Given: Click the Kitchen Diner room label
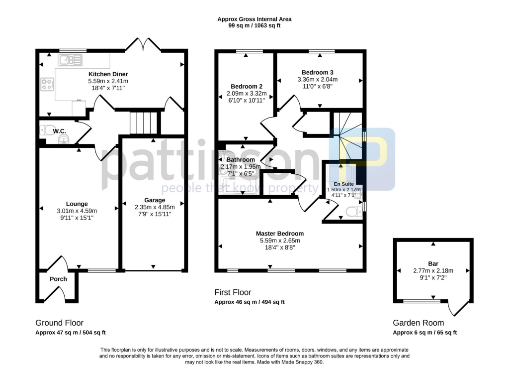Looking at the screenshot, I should (108, 74).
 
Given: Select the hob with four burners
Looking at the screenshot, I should (48, 85).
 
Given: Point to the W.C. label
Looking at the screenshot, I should (60, 131).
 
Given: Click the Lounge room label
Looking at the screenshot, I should (77, 204).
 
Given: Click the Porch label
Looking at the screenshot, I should (58, 279).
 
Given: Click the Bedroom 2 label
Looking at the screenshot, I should (243, 86).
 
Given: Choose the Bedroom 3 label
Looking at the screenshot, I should (317, 72).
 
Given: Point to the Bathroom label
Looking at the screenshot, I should (240, 159).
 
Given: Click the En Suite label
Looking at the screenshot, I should (343, 184).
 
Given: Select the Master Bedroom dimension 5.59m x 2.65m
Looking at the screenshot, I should (280, 240).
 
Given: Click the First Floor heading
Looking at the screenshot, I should (233, 292).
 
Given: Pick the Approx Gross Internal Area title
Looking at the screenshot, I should (254, 19).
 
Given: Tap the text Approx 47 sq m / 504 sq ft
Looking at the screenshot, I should (71, 333).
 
